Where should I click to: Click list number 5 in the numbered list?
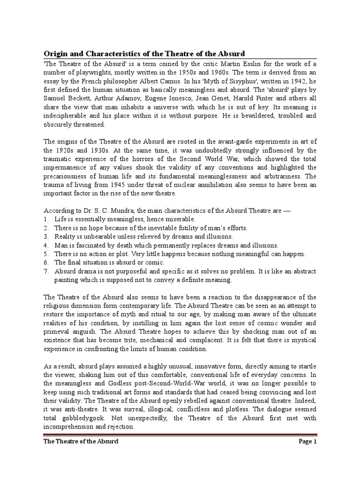pyautogui.click(x=46, y=254)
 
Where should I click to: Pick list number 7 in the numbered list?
pyautogui.click(x=46, y=271)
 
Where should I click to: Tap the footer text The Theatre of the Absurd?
pyautogui.click(x=81, y=442)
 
